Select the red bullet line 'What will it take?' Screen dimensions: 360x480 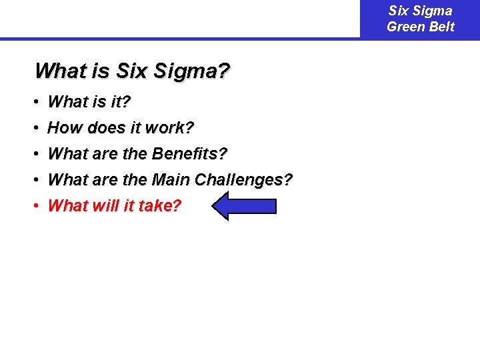click(x=114, y=206)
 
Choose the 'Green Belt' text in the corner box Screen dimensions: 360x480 click(x=421, y=27)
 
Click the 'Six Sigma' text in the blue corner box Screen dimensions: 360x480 click(x=421, y=11)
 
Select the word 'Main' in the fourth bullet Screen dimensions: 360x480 click(x=171, y=180)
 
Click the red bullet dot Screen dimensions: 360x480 click(x=37, y=206)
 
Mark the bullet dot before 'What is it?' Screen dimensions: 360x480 click(x=37, y=102)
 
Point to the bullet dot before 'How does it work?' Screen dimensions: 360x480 click(x=37, y=128)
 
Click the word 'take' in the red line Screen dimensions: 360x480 click(x=159, y=206)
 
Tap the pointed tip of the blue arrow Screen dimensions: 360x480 click(x=215, y=206)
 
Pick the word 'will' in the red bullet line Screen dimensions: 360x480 click(x=103, y=206)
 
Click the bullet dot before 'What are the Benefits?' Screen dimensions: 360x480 click(x=37, y=154)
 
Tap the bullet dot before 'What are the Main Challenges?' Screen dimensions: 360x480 click(x=37, y=180)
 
